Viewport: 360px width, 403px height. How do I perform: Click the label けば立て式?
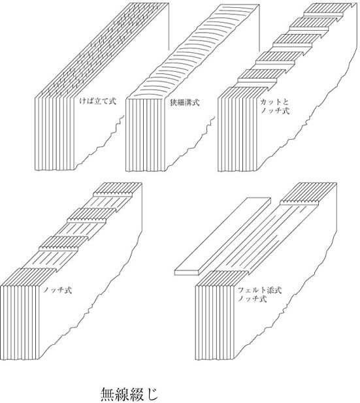pyautogui.click(x=98, y=101)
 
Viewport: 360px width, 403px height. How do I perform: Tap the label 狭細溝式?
pyautogui.click(x=185, y=103)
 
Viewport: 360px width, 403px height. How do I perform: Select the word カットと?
pyautogui.click(x=274, y=102)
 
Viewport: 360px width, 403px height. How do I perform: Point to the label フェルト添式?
pyautogui.click(x=260, y=291)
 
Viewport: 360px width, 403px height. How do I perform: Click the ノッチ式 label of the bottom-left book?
pyautogui.click(x=57, y=291)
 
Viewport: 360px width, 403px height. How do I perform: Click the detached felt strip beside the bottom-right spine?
pyautogui.click(x=223, y=236)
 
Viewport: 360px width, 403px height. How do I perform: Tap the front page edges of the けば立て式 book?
pyautogui.click(x=54, y=134)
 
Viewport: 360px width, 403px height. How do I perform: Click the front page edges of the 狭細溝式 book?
pyautogui.click(x=146, y=135)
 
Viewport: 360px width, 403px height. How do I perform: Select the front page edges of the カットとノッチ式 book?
pyautogui.click(x=238, y=135)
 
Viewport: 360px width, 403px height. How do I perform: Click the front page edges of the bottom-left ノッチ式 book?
pyautogui.click(x=20, y=323)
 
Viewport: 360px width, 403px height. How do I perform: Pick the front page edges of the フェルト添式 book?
pyautogui.click(x=215, y=323)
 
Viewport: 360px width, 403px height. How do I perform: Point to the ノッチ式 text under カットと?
pyautogui.click(x=275, y=111)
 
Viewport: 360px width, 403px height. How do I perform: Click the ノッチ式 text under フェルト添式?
pyautogui.click(x=253, y=299)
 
